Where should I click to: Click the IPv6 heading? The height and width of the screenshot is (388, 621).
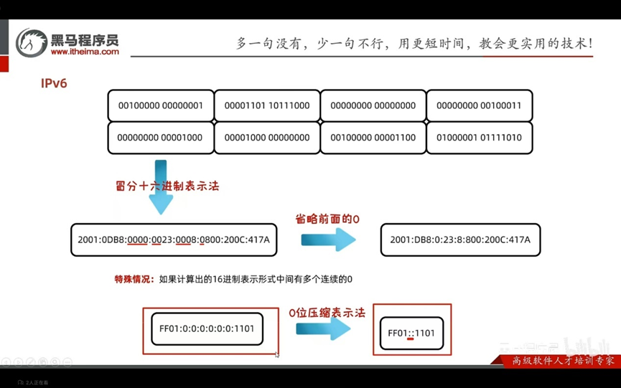[54, 83]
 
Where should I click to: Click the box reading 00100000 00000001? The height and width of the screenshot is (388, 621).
[160, 105]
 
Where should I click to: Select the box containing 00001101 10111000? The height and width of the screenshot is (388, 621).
[267, 105]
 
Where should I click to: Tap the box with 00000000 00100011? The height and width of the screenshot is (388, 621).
[479, 105]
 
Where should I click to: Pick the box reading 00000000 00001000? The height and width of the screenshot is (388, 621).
[160, 137]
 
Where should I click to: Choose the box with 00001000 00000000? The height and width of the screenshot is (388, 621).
[267, 137]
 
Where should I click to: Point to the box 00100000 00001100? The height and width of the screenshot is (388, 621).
[373, 137]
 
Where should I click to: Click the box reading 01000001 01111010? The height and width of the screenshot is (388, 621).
[479, 137]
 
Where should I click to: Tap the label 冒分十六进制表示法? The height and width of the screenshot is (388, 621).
[167, 186]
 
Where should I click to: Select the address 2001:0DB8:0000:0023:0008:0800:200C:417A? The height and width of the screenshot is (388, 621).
[174, 240]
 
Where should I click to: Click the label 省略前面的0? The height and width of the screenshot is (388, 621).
[327, 219]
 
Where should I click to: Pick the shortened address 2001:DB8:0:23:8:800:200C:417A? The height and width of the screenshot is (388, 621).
[460, 240]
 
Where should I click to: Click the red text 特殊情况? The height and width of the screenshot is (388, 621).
[134, 279]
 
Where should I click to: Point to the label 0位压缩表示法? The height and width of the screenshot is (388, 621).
[327, 313]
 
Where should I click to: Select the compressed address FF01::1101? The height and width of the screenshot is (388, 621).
[411, 333]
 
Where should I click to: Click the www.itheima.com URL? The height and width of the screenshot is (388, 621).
[85, 52]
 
